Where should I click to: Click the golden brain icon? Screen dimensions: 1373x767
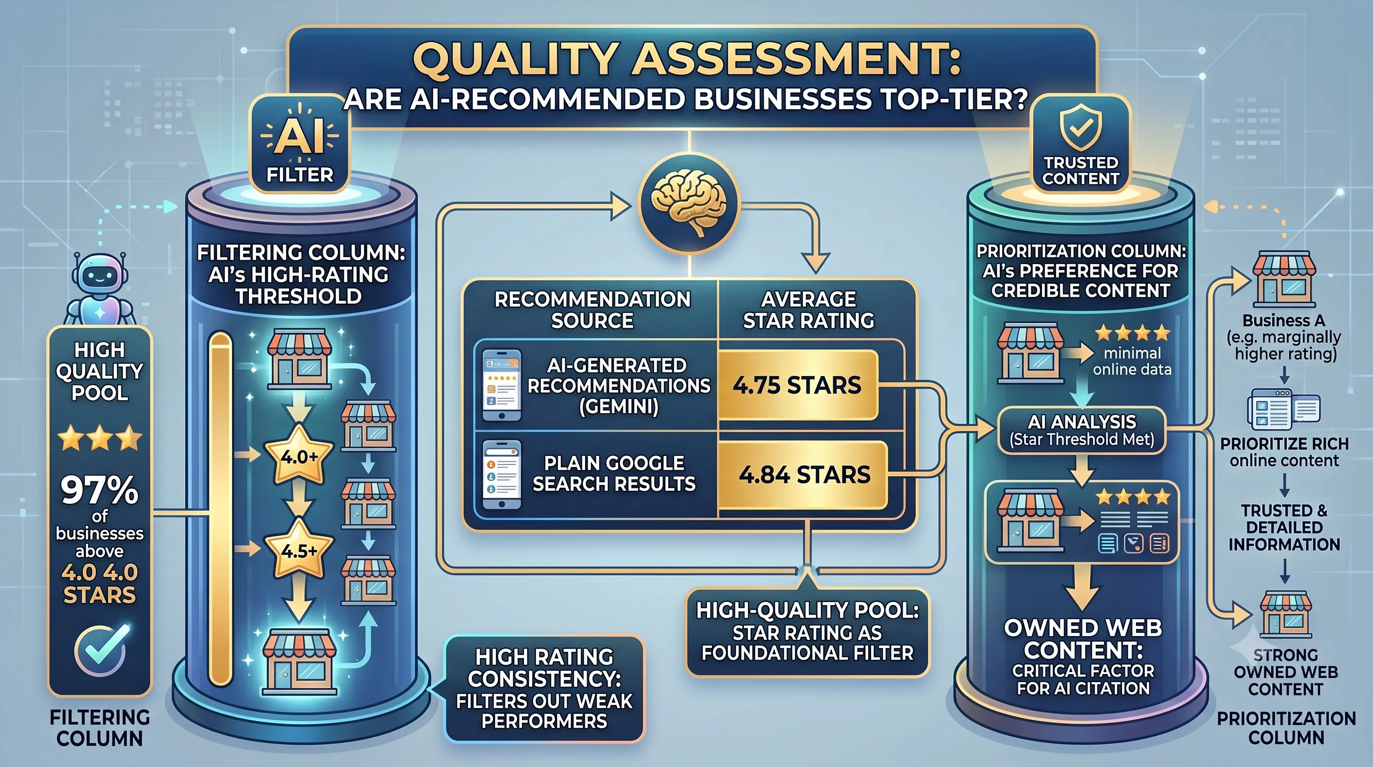click(x=688, y=203)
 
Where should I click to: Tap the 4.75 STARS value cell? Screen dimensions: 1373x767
click(x=797, y=385)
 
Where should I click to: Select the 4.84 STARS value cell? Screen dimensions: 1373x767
click(x=803, y=475)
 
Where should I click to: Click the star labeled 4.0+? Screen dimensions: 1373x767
click(x=299, y=455)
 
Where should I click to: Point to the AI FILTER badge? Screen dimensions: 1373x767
click(x=299, y=143)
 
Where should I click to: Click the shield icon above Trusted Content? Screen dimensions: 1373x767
click(x=1080, y=128)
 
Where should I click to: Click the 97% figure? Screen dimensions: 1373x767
click(x=99, y=490)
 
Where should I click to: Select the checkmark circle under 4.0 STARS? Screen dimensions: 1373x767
click(x=101, y=650)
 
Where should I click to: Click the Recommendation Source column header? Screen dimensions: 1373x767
click(x=592, y=310)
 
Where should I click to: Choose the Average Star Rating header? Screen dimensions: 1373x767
click(x=809, y=310)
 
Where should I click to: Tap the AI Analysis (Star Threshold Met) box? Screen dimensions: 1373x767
click(x=1082, y=430)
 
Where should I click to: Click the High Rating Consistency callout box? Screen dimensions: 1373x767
click(x=544, y=688)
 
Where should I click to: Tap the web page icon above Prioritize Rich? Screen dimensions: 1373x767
click(x=1284, y=409)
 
